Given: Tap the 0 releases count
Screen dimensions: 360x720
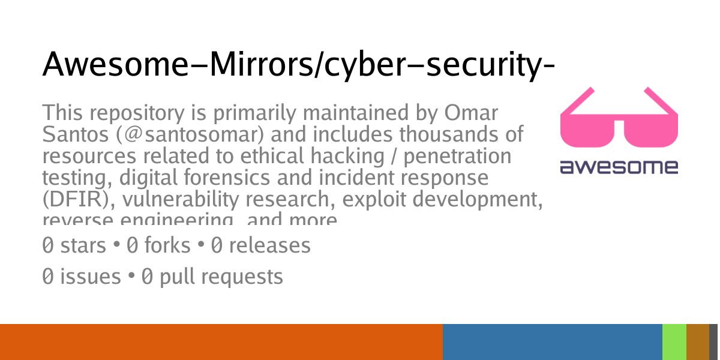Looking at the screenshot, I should click(x=260, y=245).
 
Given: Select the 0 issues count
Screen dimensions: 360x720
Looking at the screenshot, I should click(x=82, y=277).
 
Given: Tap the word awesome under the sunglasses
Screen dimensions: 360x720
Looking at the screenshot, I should click(x=619, y=166).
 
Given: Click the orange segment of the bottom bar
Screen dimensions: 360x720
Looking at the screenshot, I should click(x=221, y=342).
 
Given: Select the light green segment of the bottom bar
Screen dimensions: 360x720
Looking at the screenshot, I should click(x=674, y=342).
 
